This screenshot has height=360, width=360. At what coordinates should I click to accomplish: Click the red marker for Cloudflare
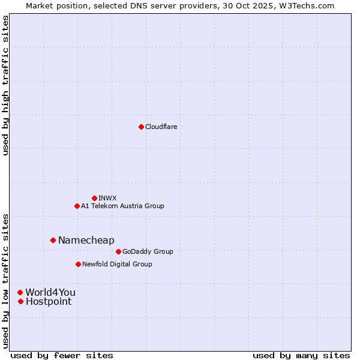[x=141, y=127]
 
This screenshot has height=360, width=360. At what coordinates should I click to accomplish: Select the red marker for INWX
[x=94, y=198]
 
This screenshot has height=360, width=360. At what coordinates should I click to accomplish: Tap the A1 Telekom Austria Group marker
[x=77, y=206]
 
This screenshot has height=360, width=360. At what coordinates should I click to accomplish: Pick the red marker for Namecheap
[x=53, y=240]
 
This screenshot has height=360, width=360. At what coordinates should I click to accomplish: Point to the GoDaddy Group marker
[x=118, y=251]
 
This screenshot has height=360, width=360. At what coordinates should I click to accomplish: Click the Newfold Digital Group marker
[x=78, y=264]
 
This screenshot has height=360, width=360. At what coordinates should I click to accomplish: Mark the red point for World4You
[x=20, y=292]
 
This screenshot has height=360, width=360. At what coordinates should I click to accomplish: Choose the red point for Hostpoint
[x=20, y=301]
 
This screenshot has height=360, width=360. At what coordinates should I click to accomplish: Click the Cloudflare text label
[x=161, y=127]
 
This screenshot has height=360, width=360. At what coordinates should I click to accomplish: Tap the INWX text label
[x=107, y=198]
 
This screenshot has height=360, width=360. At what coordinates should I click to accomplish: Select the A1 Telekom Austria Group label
[x=122, y=206]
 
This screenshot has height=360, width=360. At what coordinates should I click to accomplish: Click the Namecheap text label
[x=86, y=240]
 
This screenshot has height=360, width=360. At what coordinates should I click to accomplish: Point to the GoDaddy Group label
[x=148, y=251]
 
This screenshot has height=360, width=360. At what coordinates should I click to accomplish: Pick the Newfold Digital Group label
[x=117, y=264]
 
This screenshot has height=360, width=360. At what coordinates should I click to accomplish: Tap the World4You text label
[x=50, y=292]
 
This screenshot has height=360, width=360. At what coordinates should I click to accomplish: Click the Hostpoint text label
[x=49, y=301]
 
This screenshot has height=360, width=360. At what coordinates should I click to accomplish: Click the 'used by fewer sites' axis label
[x=62, y=355]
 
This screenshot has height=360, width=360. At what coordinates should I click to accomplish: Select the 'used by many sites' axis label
[x=301, y=355]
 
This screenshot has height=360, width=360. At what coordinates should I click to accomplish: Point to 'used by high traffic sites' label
[x=5, y=85]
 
